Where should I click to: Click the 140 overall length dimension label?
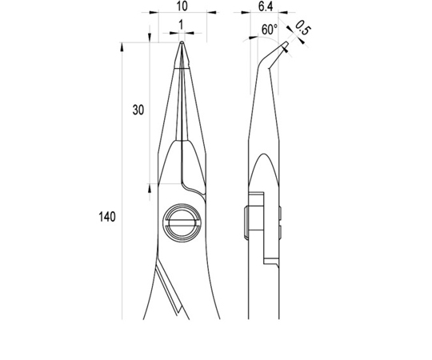107,217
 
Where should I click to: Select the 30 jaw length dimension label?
138,110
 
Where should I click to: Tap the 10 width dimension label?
182,6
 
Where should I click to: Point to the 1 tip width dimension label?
181,25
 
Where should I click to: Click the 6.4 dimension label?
266,6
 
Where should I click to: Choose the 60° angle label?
270,29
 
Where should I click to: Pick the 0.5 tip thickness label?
302,28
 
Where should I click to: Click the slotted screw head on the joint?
182,223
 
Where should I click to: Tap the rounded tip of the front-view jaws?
182,42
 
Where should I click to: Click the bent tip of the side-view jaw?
286,44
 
